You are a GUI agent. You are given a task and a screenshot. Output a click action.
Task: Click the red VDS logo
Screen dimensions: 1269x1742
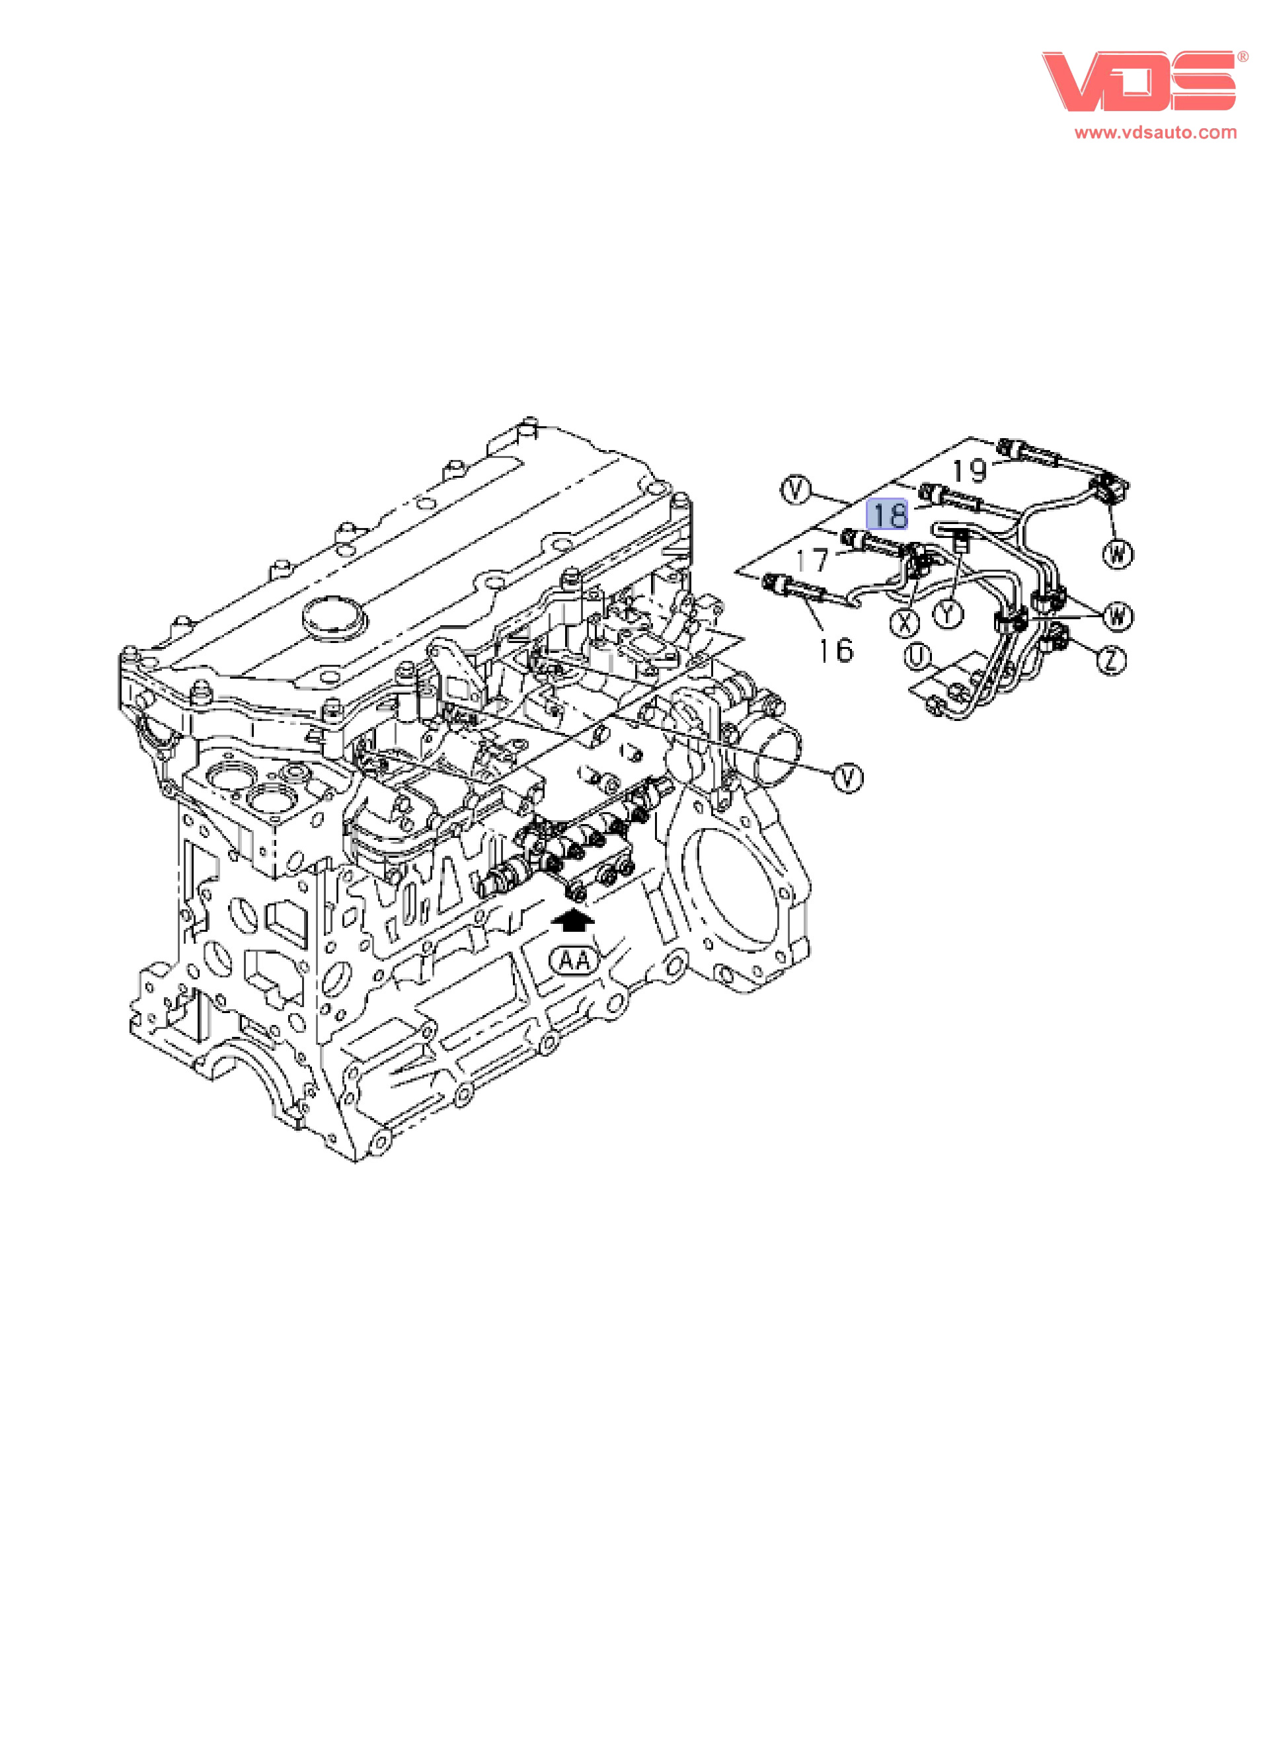(x=1138, y=81)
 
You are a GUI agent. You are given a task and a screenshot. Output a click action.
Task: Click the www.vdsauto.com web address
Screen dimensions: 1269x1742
(x=1155, y=132)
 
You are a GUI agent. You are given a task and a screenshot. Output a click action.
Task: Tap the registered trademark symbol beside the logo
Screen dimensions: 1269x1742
(x=1242, y=57)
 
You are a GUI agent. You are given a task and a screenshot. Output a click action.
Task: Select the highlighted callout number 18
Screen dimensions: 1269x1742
(x=887, y=515)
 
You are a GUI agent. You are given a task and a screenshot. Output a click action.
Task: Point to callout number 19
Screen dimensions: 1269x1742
(x=970, y=470)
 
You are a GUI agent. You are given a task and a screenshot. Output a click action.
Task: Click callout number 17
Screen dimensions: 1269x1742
(x=812, y=560)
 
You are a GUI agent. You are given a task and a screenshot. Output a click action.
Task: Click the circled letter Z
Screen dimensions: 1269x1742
(x=1112, y=659)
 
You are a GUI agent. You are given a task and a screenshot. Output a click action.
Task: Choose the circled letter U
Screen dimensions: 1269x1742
(x=917, y=656)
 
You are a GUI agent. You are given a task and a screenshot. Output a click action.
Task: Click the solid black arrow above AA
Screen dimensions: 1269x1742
(x=573, y=920)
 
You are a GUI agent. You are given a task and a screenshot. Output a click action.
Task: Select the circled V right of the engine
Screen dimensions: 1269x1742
(x=848, y=778)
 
